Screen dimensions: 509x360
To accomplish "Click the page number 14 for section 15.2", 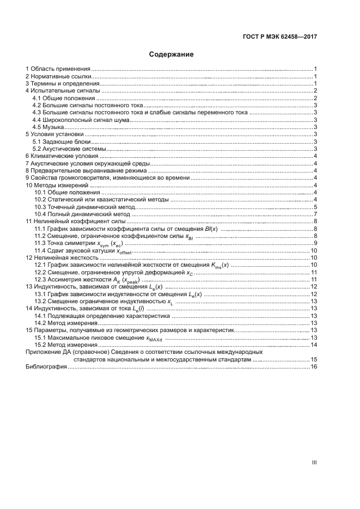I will point(314,345).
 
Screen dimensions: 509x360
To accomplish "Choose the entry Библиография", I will point(46,367).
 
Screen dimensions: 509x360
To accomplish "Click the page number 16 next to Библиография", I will point(314,367).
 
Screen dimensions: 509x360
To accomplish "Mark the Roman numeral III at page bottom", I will point(314,463).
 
